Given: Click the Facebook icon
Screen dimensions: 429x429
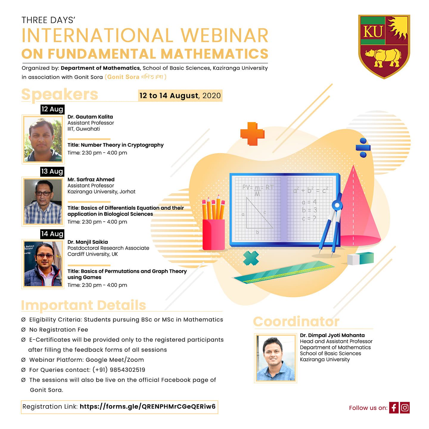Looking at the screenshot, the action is pyautogui.click(x=394, y=408).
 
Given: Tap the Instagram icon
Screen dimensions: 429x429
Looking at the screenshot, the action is pyautogui.click(x=405, y=408).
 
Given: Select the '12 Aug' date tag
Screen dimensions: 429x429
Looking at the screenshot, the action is pyautogui.click(x=52, y=109).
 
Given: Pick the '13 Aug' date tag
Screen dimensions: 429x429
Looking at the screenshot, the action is pyautogui.click(x=52, y=172).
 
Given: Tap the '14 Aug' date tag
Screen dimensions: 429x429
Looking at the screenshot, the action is pyautogui.click(x=52, y=234).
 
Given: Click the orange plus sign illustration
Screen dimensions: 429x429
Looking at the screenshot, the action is pyautogui.click(x=252, y=134).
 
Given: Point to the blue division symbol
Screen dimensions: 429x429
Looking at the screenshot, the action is pyautogui.click(x=363, y=147).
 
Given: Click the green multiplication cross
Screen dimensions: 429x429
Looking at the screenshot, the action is pyautogui.click(x=251, y=258).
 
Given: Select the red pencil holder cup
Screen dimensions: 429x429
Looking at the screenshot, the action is pyautogui.click(x=214, y=235).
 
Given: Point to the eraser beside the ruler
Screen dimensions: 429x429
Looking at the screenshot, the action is pyautogui.click(x=360, y=258).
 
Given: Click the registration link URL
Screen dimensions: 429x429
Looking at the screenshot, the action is pyautogui.click(x=147, y=407).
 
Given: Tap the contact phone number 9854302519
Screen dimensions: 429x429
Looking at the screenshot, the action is pyautogui.click(x=127, y=370).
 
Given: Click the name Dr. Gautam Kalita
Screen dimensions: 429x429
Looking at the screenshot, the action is pyautogui.click(x=90, y=117).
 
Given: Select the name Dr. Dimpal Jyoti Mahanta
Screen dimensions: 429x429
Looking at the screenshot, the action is pyautogui.click(x=332, y=335).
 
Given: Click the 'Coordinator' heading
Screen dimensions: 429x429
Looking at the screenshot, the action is pyautogui.click(x=296, y=321).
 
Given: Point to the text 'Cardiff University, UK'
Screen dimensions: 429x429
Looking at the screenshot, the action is pyautogui.click(x=93, y=254).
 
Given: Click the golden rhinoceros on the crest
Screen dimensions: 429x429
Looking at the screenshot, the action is pyautogui.click(x=383, y=58).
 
